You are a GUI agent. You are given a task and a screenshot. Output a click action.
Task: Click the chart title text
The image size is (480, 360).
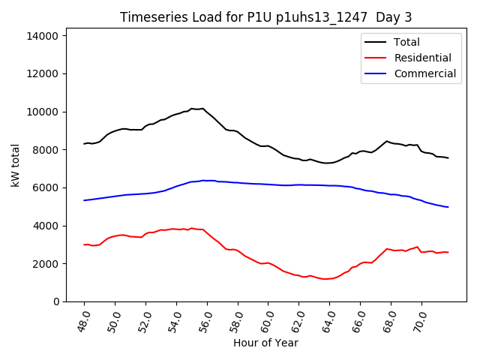(265, 17)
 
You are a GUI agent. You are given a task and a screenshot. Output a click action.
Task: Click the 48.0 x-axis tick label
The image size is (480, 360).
(83, 319)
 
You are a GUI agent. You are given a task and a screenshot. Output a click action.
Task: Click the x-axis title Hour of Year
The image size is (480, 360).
(265, 343)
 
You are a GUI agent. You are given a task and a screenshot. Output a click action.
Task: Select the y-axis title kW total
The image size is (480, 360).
(15, 164)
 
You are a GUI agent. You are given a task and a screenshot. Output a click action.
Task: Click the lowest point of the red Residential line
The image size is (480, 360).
(325, 279)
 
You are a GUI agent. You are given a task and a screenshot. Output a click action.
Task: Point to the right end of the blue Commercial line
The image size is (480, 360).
(448, 207)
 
